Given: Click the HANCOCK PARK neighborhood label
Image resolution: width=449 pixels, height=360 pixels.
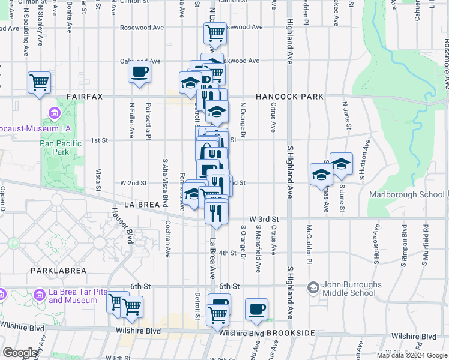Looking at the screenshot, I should coord(289,97).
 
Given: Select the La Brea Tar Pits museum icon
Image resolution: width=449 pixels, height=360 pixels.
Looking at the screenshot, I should coord(40,295).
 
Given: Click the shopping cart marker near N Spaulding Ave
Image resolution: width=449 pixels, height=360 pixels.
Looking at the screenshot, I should coord(40,82).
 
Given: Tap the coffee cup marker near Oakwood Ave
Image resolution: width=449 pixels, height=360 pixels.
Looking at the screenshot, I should coord(139,73).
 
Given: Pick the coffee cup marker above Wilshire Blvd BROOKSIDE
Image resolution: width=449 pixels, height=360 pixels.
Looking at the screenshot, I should coord(256,309).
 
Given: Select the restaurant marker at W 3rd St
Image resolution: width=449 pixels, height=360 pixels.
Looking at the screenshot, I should coord(216,211).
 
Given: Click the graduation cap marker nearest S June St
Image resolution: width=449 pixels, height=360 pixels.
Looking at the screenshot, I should coord(341,164).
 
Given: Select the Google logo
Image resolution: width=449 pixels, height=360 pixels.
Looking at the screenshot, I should coord(20,353).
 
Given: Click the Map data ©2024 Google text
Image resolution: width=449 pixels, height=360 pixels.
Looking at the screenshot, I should coord(411,355).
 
